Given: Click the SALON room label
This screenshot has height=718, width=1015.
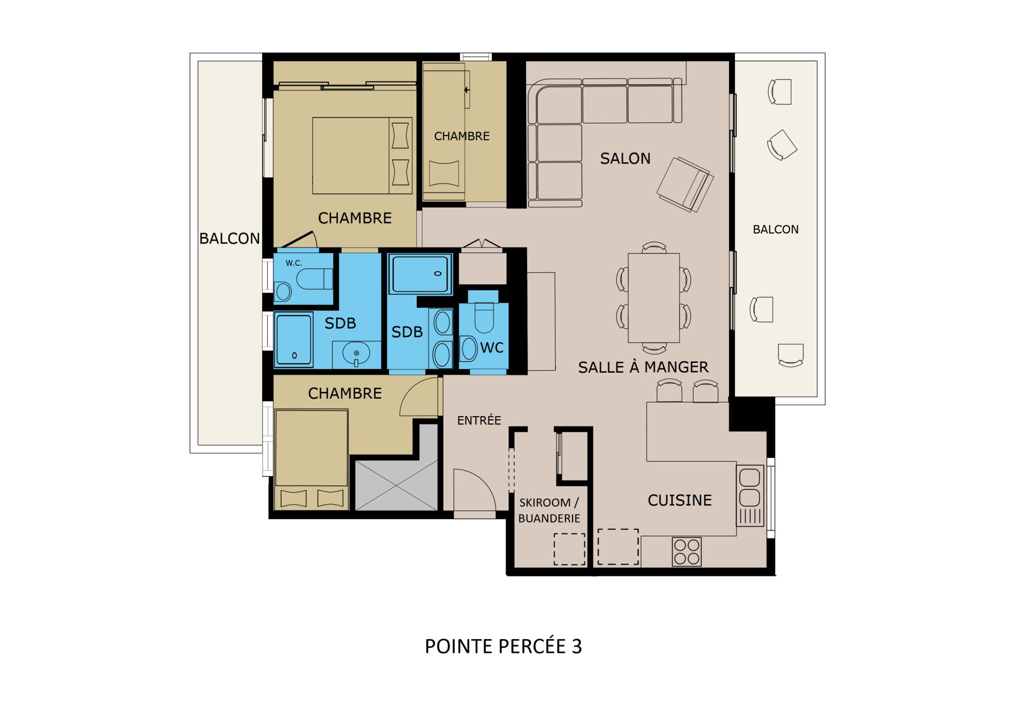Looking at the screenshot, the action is (x=625, y=159).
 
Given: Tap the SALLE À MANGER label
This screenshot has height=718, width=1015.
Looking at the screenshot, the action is (x=643, y=367).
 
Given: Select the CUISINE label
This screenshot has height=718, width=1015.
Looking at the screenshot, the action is (x=680, y=500).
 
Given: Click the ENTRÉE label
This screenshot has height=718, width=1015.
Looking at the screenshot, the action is (x=479, y=420).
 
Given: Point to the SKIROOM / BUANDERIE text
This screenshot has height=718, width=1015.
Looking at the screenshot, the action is (x=549, y=510).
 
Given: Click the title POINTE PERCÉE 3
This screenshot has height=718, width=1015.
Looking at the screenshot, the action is (x=503, y=646).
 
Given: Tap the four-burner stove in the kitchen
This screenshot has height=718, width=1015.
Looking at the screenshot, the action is (x=687, y=551).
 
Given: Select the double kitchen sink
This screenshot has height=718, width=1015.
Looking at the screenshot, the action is (x=750, y=495).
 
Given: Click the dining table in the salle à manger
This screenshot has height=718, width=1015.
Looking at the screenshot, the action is (x=654, y=298).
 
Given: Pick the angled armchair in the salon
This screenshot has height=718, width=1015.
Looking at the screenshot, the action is (x=685, y=185).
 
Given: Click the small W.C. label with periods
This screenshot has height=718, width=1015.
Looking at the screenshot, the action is (x=294, y=263).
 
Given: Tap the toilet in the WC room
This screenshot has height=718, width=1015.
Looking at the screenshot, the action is (x=484, y=317).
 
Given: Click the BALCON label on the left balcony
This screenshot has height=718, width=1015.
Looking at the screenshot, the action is (x=229, y=238).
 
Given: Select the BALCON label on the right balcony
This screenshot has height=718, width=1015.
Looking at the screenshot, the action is (x=776, y=229).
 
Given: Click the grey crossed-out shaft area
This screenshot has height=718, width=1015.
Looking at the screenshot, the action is (x=396, y=485).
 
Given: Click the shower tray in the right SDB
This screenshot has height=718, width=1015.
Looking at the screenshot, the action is (x=420, y=274).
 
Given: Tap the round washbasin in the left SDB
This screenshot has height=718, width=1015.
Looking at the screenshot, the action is (x=356, y=353).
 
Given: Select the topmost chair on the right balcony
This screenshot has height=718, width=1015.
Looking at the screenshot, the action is (x=780, y=91).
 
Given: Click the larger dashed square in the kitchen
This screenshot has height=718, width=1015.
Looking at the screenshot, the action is (x=618, y=547).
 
